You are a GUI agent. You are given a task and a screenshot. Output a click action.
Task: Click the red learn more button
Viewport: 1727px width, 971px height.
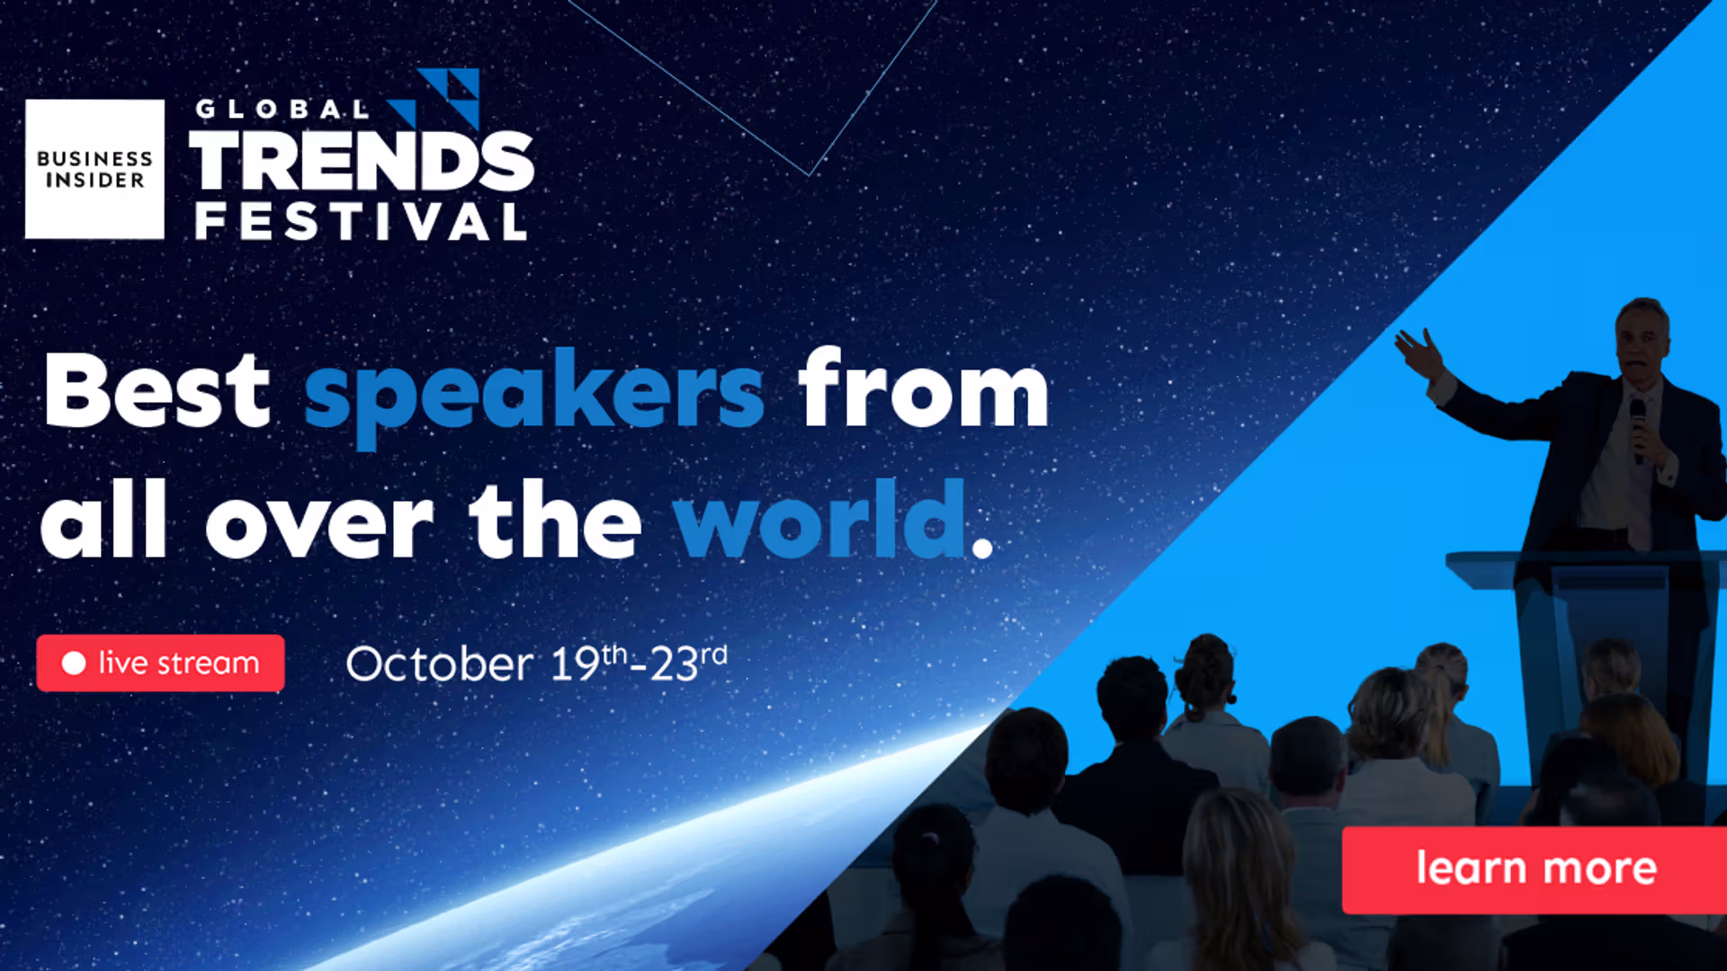(x=1535, y=869)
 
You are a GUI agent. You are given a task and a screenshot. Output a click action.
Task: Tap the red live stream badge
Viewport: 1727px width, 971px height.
(x=161, y=664)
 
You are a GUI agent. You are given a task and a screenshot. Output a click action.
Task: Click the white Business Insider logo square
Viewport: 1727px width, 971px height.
(x=94, y=169)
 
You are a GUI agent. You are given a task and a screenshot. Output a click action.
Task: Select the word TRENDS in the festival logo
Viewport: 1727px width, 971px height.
(x=362, y=161)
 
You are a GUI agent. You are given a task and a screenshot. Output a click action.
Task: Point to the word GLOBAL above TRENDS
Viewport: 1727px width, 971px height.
(x=282, y=110)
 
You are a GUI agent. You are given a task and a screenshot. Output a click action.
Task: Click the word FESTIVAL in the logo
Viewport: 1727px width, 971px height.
(x=361, y=221)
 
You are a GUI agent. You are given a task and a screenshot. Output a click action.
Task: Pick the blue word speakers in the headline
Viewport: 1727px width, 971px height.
(x=534, y=394)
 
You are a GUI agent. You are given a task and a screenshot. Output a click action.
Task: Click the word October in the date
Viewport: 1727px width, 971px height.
(x=439, y=664)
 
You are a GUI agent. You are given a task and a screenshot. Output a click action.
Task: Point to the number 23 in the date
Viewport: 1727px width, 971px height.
(x=674, y=665)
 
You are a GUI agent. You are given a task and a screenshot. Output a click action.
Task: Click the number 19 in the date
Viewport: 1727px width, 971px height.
(x=575, y=664)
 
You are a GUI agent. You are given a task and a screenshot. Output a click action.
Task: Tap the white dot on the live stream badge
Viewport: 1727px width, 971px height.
(x=74, y=664)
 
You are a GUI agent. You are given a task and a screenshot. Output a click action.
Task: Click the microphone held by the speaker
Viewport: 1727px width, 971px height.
(x=1638, y=430)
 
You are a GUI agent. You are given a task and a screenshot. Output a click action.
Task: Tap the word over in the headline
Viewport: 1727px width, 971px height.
(x=319, y=527)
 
